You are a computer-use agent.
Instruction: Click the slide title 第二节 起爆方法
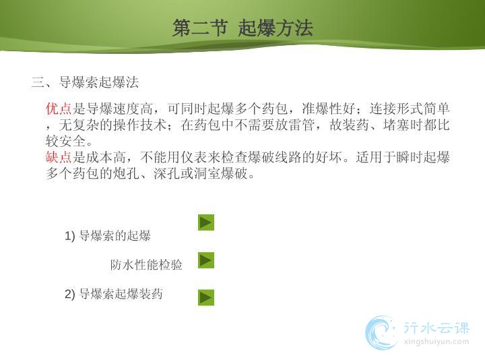(x=243, y=28)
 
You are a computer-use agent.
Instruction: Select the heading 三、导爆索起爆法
(x=85, y=82)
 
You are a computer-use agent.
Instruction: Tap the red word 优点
(x=59, y=109)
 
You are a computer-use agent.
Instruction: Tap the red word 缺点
(x=59, y=157)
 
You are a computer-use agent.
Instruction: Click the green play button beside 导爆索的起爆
(x=206, y=222)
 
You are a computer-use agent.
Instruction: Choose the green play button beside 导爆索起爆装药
(x=206, y=297)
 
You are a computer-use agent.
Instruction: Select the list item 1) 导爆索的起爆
(x=108, y=236)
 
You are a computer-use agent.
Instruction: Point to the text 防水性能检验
(x=146, y=265)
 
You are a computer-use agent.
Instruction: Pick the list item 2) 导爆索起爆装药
(x=114, y=294)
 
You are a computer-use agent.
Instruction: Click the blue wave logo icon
(x=381, y=333)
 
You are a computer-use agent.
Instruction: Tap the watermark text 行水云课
(x=437, y=328)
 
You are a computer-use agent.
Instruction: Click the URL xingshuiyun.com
(x=436, y=342)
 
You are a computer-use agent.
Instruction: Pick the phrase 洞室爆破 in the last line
(x=221, y=173)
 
